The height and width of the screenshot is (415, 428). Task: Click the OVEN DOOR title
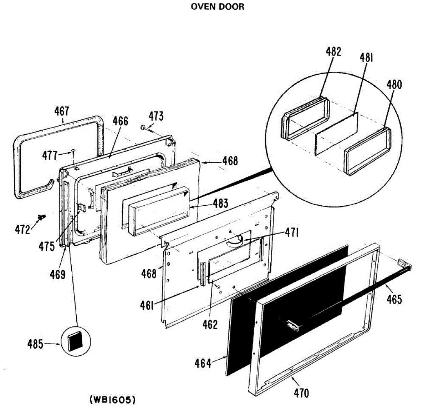coord(217,6)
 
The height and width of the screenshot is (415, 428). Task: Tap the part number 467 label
coord(61,111)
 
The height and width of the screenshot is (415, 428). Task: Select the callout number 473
coord(156,116)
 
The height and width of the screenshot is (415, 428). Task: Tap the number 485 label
coord(35,344)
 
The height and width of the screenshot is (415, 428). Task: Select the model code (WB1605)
coord(112,400)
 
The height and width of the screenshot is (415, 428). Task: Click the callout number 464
coord(203,363)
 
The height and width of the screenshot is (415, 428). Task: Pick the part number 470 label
coord(301,393)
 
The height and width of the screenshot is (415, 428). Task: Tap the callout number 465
coord(394,299)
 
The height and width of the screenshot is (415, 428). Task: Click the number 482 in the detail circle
coord(333,51)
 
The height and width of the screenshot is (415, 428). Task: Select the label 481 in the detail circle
coord(366,57)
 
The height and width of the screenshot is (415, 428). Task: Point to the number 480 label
coord(394,85)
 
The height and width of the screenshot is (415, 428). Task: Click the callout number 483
coord(220,203)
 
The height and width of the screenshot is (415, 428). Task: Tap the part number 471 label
coord(292,233)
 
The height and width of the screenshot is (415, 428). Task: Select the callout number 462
coord(210,325)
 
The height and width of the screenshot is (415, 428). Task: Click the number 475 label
coord(47,246)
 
